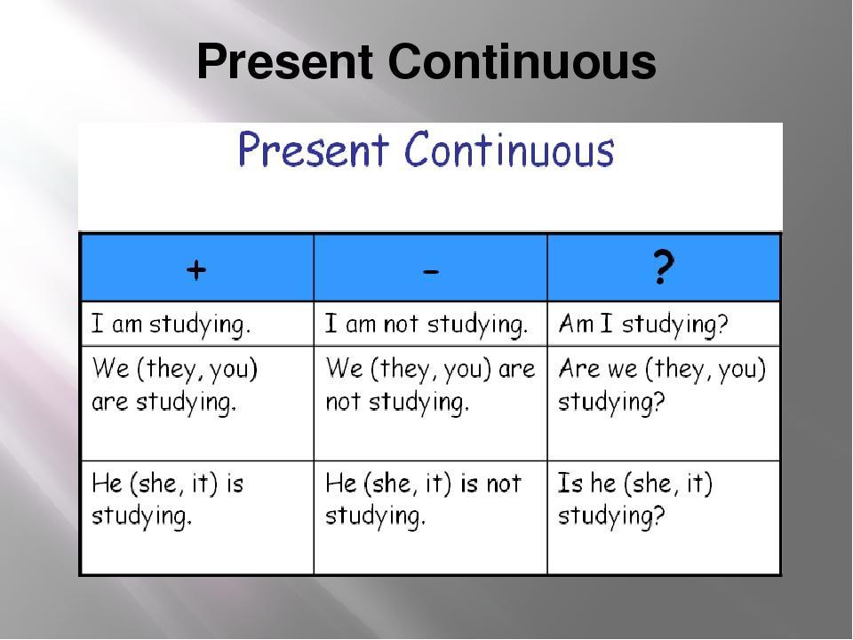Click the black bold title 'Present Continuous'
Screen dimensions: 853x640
(426, 61)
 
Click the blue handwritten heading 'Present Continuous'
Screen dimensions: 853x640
(426, 149)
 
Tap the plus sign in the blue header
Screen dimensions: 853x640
(196, 269)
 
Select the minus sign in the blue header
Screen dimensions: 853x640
(431, 271)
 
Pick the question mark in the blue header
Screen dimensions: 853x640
(663, 267)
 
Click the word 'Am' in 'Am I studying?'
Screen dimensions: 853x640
(576, 324)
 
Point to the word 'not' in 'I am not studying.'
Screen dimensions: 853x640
(401, 324)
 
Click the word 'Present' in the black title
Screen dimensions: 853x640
(285, 61)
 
